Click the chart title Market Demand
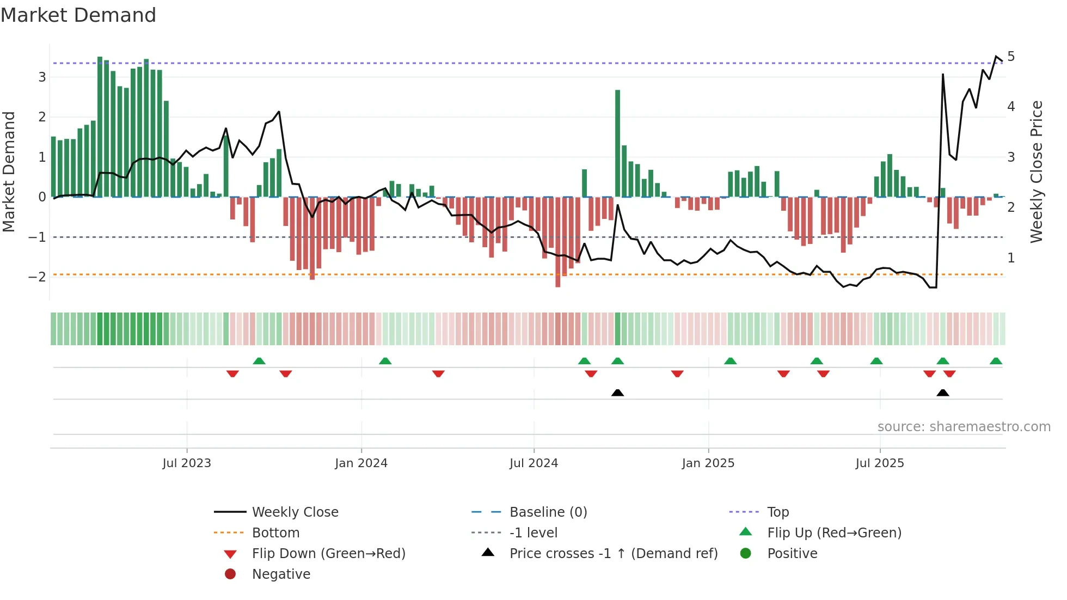click(x=78, y=15)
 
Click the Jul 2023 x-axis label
click(x=187, y=463)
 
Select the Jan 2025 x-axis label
click(x=708, y=463)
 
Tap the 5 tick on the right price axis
click(x=1011, y=57)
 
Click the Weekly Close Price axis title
click(x=1036, y=172)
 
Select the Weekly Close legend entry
click(x=295, y=512)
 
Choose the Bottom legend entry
click(x=275, y=533)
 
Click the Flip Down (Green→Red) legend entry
click(x=328, y=554)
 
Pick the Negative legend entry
click(x=281, y=574)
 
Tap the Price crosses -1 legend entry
click(x=613, y=554)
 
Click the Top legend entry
click(x=778, y=512)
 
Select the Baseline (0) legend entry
click(x=548, y=512)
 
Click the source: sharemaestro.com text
click(x=964, y=427)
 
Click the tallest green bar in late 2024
click(x=617, y=143)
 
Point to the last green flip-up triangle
click(x=996, y=361)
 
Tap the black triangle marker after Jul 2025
click(x=943, y=393)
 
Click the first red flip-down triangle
click(x=232, y=374)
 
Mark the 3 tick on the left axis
click(x=42, y=77)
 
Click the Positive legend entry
click(x=792, y=554)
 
